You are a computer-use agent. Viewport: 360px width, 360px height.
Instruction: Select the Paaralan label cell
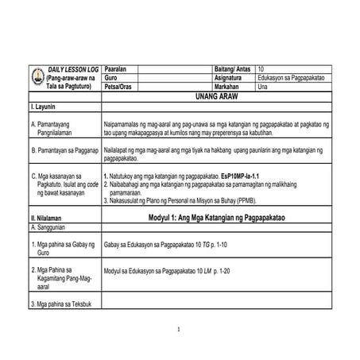118,69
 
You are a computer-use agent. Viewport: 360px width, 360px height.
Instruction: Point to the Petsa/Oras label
121,87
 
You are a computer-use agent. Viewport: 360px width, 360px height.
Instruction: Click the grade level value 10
262,69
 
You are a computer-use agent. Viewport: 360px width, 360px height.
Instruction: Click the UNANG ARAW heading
216,95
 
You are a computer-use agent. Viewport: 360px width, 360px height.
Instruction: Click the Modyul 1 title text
216,216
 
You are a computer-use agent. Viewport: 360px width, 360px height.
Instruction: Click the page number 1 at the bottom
180,330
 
